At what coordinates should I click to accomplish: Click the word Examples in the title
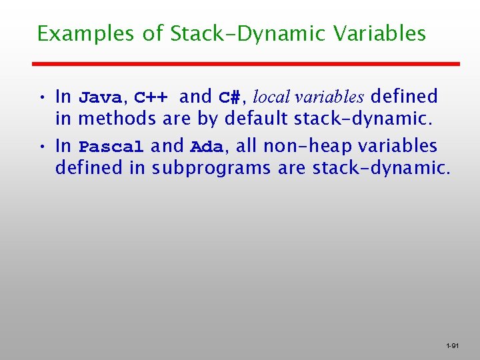(x=86, y=34)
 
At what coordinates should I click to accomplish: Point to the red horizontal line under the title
(x=247, y=63)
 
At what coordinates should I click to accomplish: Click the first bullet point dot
(x=41, y=97)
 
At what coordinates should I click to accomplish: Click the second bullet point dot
(x=41, y=147)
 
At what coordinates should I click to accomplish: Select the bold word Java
(x=100, y=97)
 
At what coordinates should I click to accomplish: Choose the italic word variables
(x=331, y=97)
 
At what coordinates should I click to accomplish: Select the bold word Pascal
(x=111, y=147)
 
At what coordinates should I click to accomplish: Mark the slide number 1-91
(x=452, y=346)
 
